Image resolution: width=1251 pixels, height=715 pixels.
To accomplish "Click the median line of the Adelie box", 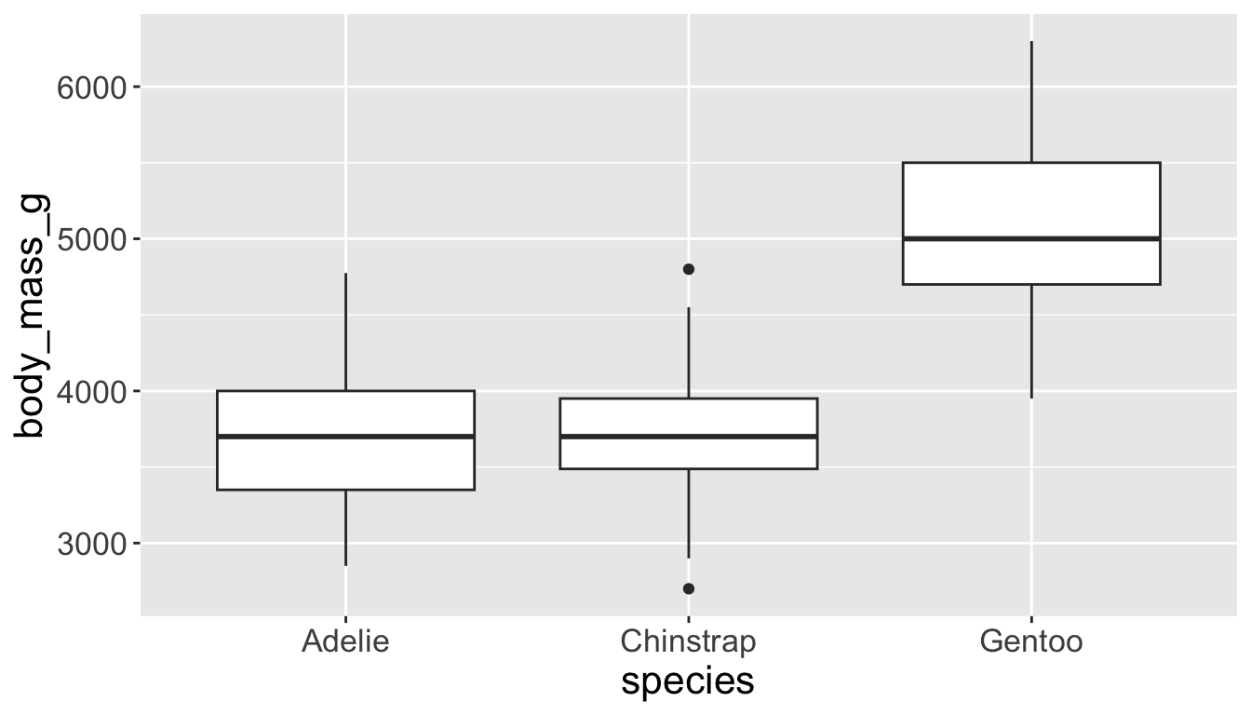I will click(x=345, y=436).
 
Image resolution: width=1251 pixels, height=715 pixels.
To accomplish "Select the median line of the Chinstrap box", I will click(x=689, y=436).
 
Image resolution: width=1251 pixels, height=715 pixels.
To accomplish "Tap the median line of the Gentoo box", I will click(x=1031, y=238).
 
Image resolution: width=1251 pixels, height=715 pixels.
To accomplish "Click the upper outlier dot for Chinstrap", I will click(x=689, y=269).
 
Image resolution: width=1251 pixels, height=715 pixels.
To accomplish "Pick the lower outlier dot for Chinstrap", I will click(x=689, y=588).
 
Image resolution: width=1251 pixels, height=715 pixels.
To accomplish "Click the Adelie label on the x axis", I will click(x=345, y=642).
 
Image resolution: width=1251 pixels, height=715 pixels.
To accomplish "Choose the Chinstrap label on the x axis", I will click(x=689, y=642).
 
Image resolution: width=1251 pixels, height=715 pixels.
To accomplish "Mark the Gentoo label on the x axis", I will click(x=1031, y=642).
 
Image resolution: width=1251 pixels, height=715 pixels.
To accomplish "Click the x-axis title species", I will click(x=688, y=681).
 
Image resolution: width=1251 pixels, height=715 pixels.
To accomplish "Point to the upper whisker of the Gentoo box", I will click(x=1031, y=102).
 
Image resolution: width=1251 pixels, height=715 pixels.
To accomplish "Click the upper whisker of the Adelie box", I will click(x=345, y=331).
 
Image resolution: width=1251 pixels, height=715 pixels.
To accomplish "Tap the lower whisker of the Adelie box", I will click(x=345, y=527).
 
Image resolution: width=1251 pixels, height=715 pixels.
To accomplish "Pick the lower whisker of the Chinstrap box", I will click(x=689, y=513).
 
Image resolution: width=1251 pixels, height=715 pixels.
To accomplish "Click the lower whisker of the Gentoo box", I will click(x=1031, y=341).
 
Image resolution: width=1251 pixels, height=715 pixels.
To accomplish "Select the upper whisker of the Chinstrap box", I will click(x=689, y=353).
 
